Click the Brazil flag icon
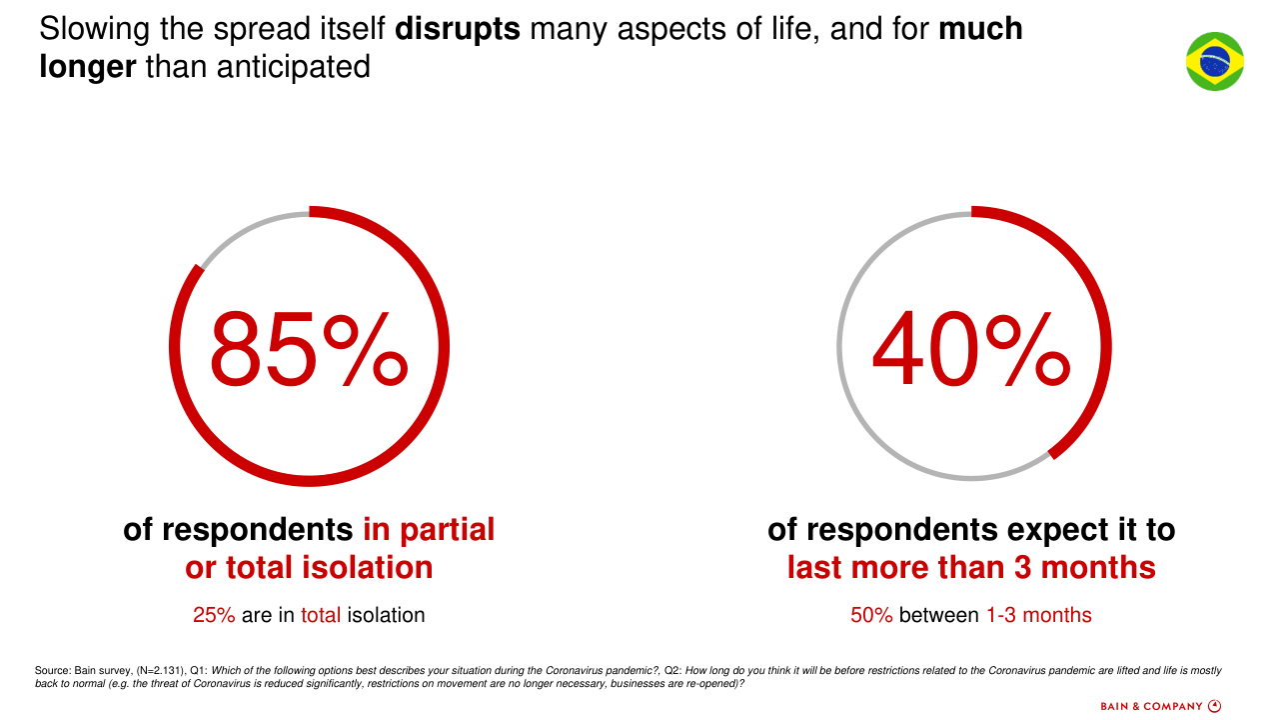click(x=1214, y=61)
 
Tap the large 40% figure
click(x=971, y=350)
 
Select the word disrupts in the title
click(x=458, y=28)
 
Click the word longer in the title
click(x=87, y=67)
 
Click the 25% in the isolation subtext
click(x=214, y=615)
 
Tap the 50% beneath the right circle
click(x=871, y=615)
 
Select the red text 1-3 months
click(x=1039, y=615)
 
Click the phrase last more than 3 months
click(x=971, y=568)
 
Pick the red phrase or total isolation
click(x=309, y=568)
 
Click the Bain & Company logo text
click(x=1151, y=706)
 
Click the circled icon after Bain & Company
click(x=1215, y=706)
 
